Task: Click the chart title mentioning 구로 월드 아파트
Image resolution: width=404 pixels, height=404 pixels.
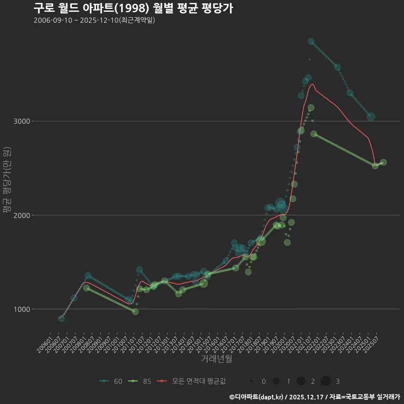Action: pyautogui.click(x=133, y=8)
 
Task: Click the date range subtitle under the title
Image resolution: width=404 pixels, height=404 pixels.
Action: pyautogui.click(x=94, y=20)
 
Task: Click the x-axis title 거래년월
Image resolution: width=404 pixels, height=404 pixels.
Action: pyautogui.click(x=216, y=359)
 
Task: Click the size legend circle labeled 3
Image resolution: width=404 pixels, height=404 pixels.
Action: pyautogui.click(x=325, y=381)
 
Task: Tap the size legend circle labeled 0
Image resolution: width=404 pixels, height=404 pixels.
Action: pyautogui.click(x=251, y=381)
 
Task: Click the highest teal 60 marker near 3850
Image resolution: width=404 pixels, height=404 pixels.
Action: pyautogui.click(x=311, y=41)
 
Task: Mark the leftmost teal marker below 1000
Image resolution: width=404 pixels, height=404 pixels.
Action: pyautogui.click(x=61, y=319)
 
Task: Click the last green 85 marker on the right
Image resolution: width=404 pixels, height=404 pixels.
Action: pyautogui.click(x=383, y=162)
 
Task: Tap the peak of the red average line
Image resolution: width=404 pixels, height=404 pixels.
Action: pyautogui.click(x=312, y=84)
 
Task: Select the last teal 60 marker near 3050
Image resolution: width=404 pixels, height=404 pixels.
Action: pyautogui.click(x=371, y=117)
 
